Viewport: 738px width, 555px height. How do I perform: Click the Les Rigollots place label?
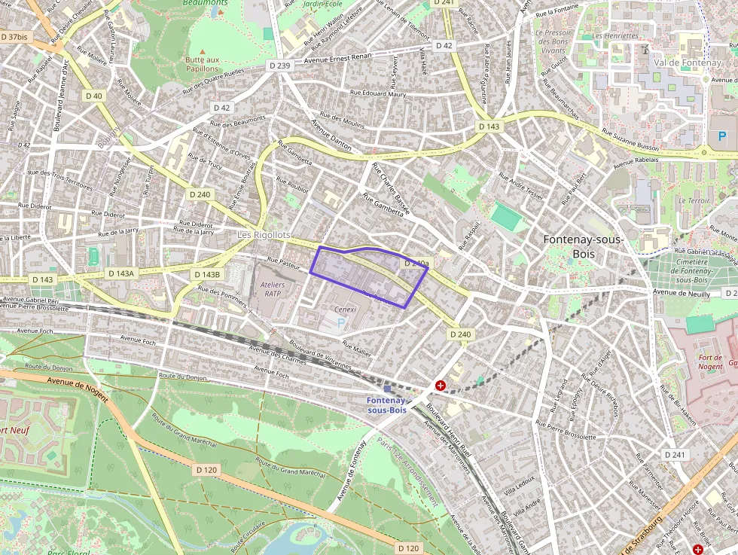pos(264,235)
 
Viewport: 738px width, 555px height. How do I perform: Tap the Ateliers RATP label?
pos(272,290)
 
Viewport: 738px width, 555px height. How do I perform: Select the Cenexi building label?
pos(345,309)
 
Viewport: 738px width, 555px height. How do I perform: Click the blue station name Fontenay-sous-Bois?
pos(386,405)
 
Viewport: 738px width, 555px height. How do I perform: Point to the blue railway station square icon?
pos(388,389)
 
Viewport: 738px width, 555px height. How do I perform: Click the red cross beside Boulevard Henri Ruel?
pos(440,386)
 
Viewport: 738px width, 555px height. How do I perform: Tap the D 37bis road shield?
pos(14,36)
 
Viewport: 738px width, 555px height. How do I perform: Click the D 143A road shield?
pos(120,274)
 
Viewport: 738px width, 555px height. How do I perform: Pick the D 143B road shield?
pos(206,275)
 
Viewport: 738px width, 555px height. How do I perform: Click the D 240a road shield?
pos(416,264)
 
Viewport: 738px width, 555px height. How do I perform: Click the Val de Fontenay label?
pos(687,63)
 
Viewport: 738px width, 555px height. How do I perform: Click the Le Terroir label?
pos(694,201)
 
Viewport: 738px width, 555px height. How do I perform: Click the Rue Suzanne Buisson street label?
pos(630,142)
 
